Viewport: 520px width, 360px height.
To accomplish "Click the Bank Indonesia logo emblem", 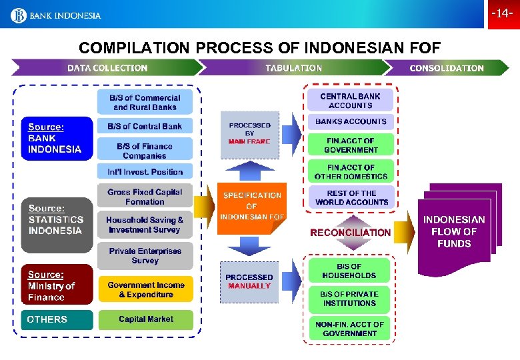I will pos(19,15).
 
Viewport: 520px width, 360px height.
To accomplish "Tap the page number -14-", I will pos(502,13).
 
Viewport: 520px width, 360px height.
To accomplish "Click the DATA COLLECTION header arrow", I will pos(107,68).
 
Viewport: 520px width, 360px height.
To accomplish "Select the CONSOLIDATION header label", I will pos(447,68).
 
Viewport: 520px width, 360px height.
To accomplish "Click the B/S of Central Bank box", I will pos(145,126).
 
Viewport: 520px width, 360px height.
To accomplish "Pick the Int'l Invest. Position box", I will pos(145,171).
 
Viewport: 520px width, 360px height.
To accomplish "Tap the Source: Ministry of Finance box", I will pos(57,285).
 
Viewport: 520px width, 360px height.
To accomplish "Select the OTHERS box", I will pos(57,319).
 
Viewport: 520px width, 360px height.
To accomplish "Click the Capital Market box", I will pos(145,319).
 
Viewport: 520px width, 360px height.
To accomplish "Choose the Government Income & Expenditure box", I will pos(145,289).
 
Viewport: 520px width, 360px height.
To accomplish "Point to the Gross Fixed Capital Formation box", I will pos(145,197).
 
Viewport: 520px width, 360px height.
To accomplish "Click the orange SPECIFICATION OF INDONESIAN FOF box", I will pos(252,207).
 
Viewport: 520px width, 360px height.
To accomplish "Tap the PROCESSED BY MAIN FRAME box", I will pos(250,134).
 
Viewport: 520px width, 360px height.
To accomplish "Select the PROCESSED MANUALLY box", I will pos(249,281).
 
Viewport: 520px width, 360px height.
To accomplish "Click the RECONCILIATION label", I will pos(351,233).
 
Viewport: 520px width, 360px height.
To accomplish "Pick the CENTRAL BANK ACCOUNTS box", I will pos(351,101).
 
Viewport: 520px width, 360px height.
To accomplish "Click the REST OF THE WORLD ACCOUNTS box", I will pos(351,197).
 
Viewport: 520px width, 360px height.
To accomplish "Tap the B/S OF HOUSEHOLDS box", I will pos(349,271).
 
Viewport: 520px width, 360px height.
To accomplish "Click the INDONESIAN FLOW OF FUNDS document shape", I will pos(455,232).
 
